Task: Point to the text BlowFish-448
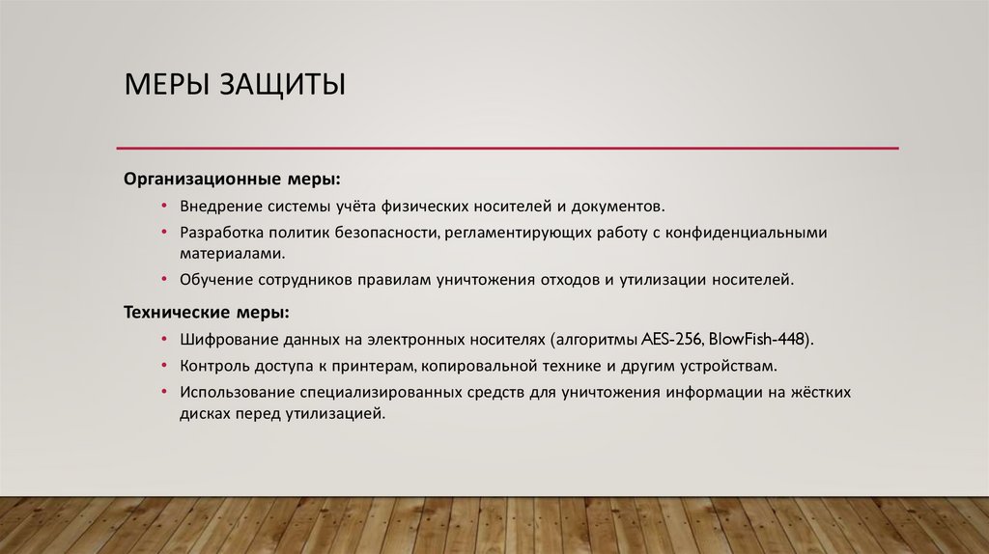coord(759,341)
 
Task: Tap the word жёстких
coord(820,393)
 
